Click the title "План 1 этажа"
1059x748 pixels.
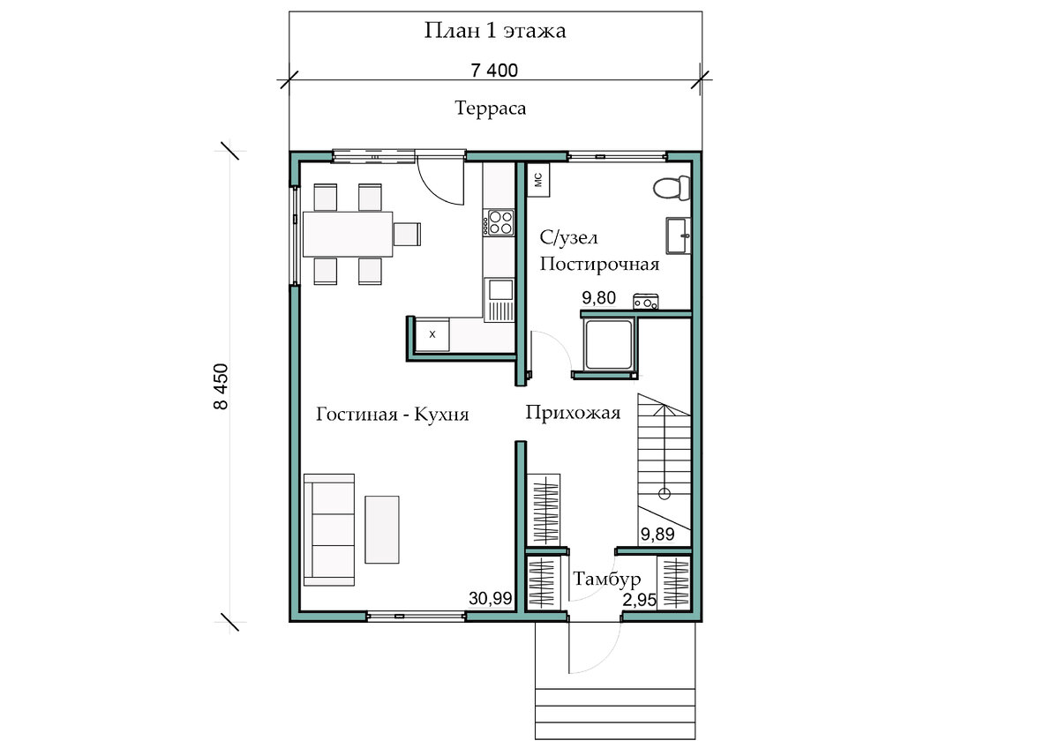(x=494, y=31)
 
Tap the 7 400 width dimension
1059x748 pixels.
(x=494, y=71)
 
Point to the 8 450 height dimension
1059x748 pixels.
(x=221, y=386)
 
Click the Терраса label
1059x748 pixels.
(x=491, y=108)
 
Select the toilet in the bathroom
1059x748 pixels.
(x=672, y=188)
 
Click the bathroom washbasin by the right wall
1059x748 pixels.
(x=679, y=236)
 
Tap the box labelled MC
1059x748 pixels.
(x=538, y=180)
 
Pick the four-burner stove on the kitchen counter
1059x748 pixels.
(x=499, y=222)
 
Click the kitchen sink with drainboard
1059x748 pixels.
(x=499, y=301)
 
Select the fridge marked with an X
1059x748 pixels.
(x=432, y=334)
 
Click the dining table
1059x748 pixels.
(x=348, y=234)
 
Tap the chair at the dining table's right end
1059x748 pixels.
(x=407, y=235)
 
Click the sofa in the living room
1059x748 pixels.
(x=329, y=530)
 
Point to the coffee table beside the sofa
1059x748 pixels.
(x=382, y=529)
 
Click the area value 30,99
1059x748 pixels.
(x=491, y=599)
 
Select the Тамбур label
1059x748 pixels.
(x=606, y=579)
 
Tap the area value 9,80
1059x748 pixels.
(x=598, y=298)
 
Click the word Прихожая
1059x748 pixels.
(x=573, y=413)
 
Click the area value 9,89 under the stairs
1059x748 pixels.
(x=657, y=535)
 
